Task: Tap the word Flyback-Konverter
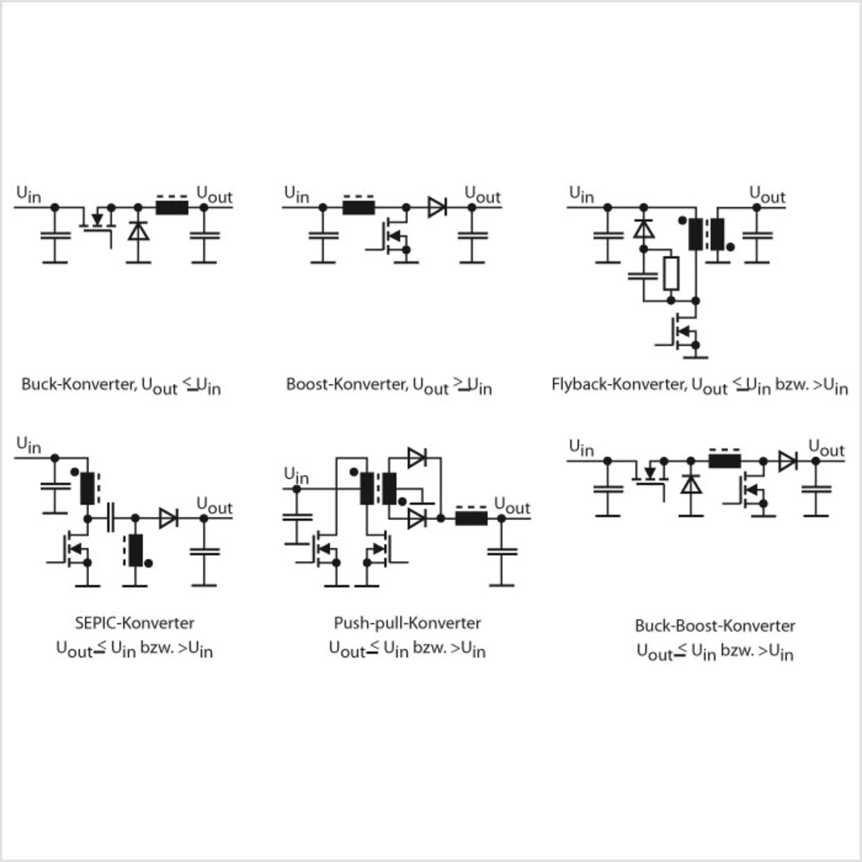coord(618,385)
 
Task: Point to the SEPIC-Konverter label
coord(135,623)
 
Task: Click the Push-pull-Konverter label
coord(407,623)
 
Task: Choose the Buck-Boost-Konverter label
coord(715,626)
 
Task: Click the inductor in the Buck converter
coord(172,207)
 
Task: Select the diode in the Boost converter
coord(437,207)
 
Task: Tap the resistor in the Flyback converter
coord(671,273)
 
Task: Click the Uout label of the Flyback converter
coord(767,195)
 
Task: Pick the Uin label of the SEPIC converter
coord(28,444)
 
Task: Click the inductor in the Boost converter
coord(358,207)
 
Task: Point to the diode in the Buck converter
coord(138,232)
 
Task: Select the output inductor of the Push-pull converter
coord(471,518)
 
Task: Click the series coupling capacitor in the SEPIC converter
coord(111,518)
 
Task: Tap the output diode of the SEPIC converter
coord(168,518)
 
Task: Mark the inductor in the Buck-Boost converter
coord(725,461)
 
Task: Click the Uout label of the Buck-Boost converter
coord(826,449)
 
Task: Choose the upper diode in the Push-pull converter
coord(417,458)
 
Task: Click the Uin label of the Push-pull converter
coord(296,475)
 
